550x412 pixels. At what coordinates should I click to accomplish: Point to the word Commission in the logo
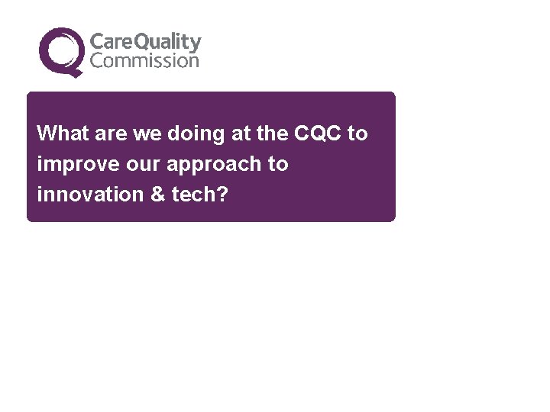tap(144, 61)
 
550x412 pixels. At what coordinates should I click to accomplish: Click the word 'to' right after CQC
tap(357, 134)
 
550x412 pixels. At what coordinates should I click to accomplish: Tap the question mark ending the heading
tap(222, 195)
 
